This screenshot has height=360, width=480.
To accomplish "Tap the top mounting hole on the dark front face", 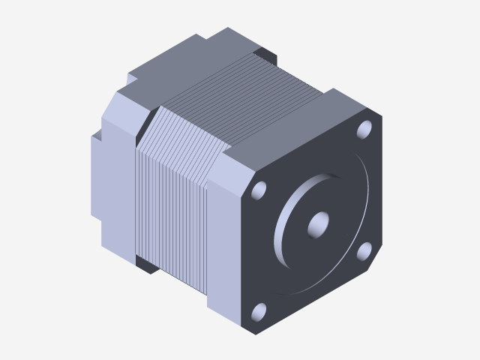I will (x=365, y=129).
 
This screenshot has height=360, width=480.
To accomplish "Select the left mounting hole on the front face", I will (x=260, y=189).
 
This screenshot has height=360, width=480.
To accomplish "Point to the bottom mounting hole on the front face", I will (x=259, y=310).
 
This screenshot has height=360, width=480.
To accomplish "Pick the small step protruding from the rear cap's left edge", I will (x=96, y=180).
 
